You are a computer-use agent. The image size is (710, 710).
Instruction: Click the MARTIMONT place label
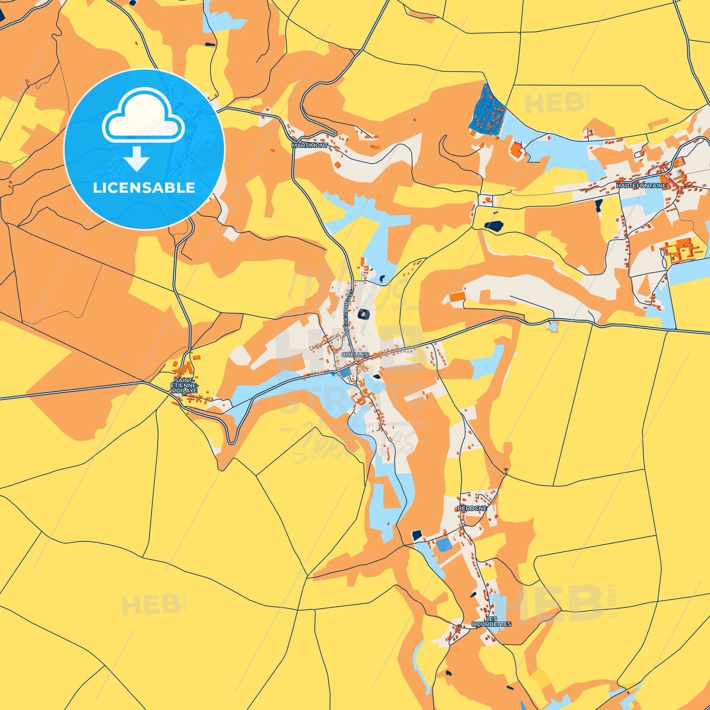(x=310, y=145)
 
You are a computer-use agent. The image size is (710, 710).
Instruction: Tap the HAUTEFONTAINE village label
(x=641, y=186)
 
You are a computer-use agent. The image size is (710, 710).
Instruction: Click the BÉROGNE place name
(x=472, y=508)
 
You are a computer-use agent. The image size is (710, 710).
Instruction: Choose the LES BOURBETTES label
(x=491, y=622)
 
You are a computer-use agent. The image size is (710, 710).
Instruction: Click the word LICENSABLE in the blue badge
(x=144, y=188)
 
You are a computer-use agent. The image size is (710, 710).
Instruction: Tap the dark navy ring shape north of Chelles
(x=364, y=314)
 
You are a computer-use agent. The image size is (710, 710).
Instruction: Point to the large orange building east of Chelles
(x=457, y=296)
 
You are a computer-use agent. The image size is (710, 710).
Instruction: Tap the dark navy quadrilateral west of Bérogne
(x=417, y=535)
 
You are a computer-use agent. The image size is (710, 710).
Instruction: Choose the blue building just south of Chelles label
(x=344, y=373)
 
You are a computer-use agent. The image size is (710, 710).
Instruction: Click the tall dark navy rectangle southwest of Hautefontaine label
(x=599, y=206)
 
